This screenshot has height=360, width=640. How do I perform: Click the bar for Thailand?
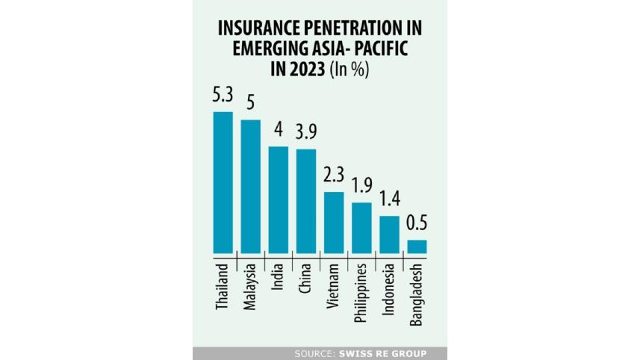pyautogui.click(x=223, y=182)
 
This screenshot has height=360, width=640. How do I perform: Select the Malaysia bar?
pyautogui.click(x=250, y=186)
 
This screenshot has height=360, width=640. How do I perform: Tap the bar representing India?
pyautogui.click(x=278, y=199)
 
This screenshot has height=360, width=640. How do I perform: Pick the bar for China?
pyautogui.click(x=306, y=201)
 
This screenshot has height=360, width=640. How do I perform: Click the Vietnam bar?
pyautogui.click(x=334, y=223)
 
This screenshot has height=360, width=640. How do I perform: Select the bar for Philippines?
pyautogui.click(x=361, y=228)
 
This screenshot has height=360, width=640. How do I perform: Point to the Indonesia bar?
pyautogui.click(x=389, y=235)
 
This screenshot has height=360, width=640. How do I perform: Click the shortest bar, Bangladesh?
pyautogui.click(x=417, y=246)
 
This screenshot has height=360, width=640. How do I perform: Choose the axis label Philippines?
pyautogui.click(x=361, y=292)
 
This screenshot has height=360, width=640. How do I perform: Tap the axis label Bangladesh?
pyautogui.click(x=417, y=294)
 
